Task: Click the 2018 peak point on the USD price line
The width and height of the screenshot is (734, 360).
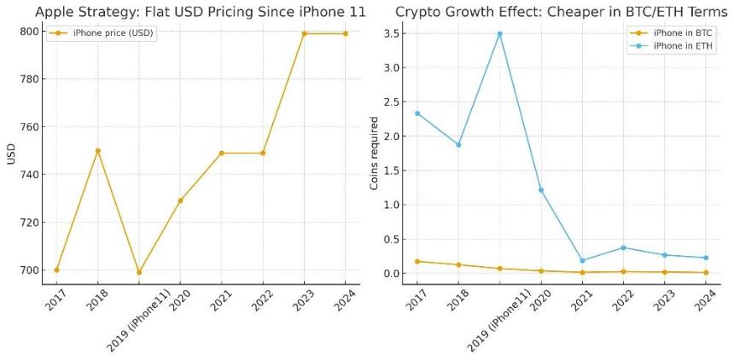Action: pyautogui.click(x=97, y=151)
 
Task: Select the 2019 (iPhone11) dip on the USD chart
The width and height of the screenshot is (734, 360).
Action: pyautogui.click(x=139, y=273)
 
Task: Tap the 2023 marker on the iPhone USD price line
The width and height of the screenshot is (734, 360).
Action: pyautogui.click(x=304, y=33)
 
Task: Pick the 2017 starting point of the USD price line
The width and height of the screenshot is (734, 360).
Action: pyautogui.click(x=56, y=270)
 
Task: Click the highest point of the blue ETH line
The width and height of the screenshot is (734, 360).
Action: pyautogui.click(x=499, y=34)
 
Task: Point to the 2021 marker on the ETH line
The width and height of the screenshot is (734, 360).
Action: pyautogui.click(x=582, y=260)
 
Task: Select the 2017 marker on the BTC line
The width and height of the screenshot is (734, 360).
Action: pyautogui.click(x=417, y=261)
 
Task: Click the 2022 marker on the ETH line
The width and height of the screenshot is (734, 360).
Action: pyautogui.click(x=623, y=247)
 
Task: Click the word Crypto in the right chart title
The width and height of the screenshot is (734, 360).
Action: pyautogui.click(x=416, y=12)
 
